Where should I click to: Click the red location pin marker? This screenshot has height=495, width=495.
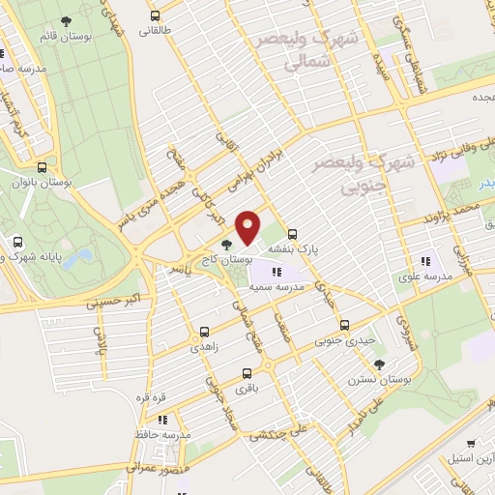click(x=248, y=226)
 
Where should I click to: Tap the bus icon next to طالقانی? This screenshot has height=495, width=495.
click(x=155, y=15)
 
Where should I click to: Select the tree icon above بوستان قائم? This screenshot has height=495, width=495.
click(x=66, y=20)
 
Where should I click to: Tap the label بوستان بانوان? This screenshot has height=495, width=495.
click(x=31, y=181)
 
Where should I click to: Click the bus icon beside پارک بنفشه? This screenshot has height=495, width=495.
click(x=293, y=233)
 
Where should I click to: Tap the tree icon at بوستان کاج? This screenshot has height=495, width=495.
click(x=225, y=246)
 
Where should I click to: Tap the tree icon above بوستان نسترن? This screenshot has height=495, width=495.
click(x=379, y=364)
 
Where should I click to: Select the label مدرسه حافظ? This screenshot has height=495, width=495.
click(x=161, y=436)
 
